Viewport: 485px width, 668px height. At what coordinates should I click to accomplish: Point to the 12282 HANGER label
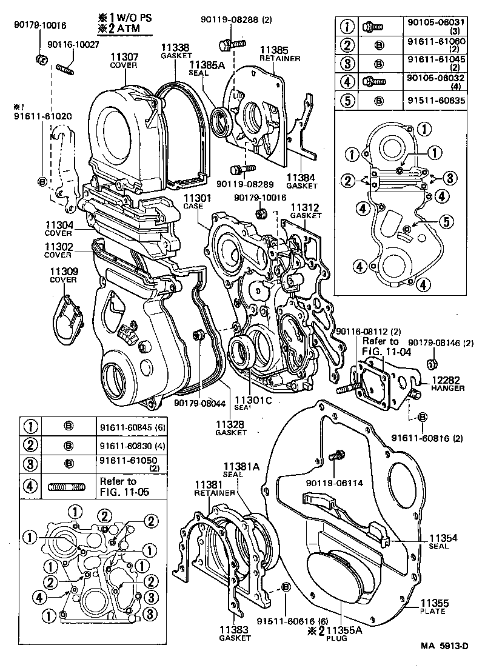[448, 384]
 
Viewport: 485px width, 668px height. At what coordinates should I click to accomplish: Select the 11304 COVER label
[58, 229]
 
